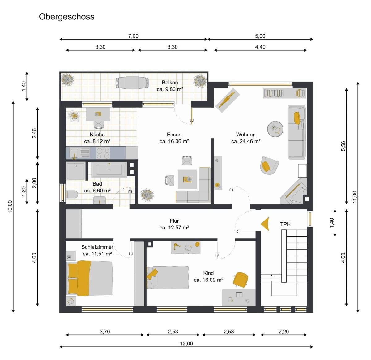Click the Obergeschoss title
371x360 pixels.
(x=66, y=17)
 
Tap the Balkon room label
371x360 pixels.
(x=170, y=83)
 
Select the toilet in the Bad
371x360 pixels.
(x=72, y=195)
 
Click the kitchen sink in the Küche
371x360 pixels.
(x=74, y=153)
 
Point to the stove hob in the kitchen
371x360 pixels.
(x=103, y=153)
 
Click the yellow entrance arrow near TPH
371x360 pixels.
(x=265, y=224)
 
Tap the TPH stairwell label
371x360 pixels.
(x=285, y=224)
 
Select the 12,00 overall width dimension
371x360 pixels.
(x=186, y=344)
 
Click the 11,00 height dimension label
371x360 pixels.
(x=354, y=197)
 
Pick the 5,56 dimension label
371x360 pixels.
(x=343, y=146)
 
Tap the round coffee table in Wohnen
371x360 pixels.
(x=275, y=129)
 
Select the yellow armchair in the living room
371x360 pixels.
(x=269, y=165)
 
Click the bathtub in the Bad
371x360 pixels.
(x=109, y=169)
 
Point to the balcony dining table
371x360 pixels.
(x=132, y=83)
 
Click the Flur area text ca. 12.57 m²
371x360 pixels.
(x=174, y=228)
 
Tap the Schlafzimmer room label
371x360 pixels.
(x=97, y=247)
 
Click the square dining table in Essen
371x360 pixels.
(x=187, y=179)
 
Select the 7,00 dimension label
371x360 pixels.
(x=133, y=36)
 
